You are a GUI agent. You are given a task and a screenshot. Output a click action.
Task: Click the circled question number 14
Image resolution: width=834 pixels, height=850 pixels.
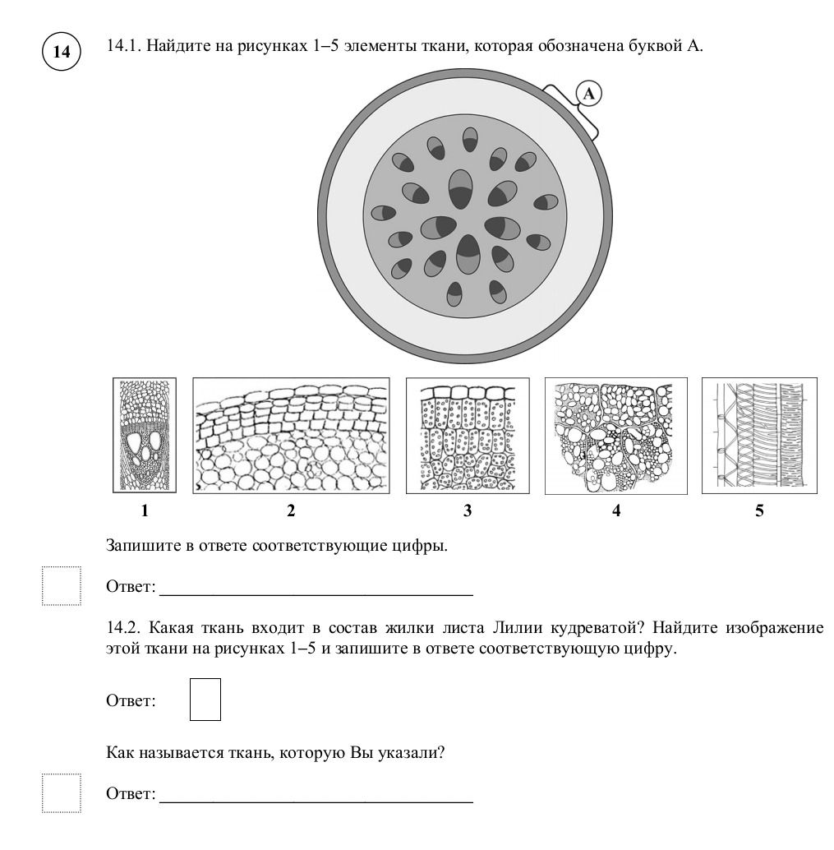coord(62,52)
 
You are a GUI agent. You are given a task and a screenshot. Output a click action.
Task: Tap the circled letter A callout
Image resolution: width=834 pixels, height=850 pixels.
coord(588,94)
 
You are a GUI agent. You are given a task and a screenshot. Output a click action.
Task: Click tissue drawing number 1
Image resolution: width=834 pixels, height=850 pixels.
coord(145,436)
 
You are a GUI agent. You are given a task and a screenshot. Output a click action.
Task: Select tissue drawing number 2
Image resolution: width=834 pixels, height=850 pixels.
coord(291,436)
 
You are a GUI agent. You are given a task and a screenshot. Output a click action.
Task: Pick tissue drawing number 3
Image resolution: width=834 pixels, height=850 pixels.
coord(468,436)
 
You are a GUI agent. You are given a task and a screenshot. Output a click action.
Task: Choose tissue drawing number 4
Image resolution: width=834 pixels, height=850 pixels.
coord(616,436)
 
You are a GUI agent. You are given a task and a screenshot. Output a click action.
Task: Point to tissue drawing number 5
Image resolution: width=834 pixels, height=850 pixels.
coord(759,436)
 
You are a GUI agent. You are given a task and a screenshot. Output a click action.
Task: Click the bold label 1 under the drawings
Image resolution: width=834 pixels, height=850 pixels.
coord(145,510)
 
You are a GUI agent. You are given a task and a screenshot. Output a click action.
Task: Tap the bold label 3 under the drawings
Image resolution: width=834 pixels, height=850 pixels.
coord(468,510)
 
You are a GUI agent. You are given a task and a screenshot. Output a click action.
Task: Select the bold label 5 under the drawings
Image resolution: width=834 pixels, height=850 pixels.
coord(759,510)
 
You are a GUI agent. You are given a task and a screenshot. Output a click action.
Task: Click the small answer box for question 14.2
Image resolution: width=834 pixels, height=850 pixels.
coord(205,700)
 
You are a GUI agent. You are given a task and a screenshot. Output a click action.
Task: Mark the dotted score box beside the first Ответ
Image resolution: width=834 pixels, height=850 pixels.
coord(62,586)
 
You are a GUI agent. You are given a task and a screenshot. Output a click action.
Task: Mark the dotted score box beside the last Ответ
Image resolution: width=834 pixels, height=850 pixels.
coord(62,793)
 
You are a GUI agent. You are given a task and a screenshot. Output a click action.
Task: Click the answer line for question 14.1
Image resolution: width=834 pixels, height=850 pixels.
coord(316,595)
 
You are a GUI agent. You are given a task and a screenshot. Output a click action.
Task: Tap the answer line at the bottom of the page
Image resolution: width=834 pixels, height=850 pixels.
coord(316,802)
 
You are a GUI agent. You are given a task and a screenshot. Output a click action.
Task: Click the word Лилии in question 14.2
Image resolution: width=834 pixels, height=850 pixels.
coord(517,628)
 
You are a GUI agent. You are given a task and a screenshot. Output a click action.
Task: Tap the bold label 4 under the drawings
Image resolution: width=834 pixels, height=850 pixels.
coord(616,510)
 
